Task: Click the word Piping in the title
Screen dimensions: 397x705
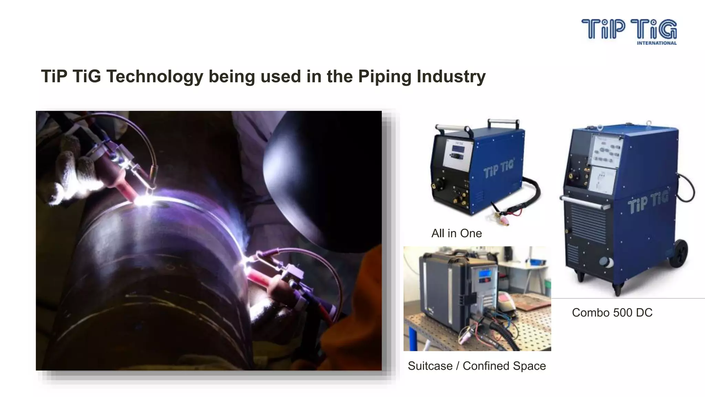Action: point(385,77)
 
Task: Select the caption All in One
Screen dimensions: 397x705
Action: point(456,233)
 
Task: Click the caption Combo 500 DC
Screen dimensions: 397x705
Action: point(612,313)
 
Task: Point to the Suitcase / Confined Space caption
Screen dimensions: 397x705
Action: point(477,366)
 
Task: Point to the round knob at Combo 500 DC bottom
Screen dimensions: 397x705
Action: point(607,262)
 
